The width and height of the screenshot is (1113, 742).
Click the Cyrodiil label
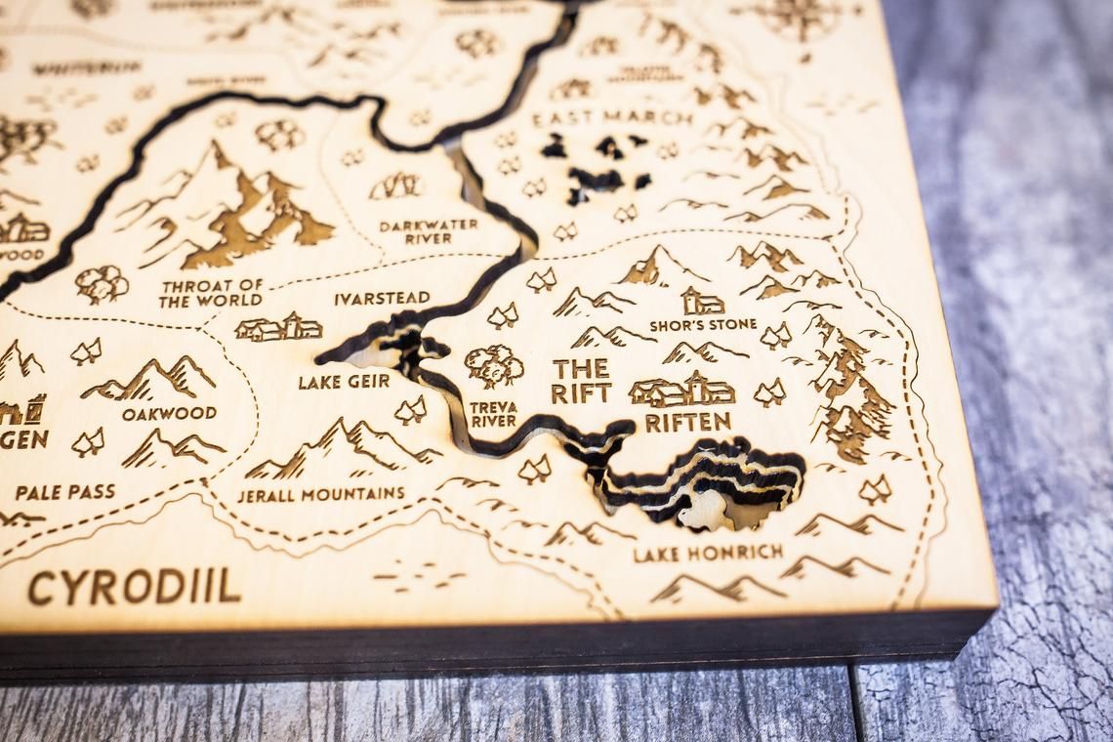(134, 586)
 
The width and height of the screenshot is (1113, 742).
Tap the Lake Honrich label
(708, 553)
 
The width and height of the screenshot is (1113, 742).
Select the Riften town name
(687, 422)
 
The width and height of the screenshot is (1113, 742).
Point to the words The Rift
(581, 381)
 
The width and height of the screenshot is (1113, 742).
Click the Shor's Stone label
(703, 324)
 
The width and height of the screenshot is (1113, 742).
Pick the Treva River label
(493, 414)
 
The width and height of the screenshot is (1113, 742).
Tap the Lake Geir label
(344, 382)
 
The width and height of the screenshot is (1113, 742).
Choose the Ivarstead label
(382, 299)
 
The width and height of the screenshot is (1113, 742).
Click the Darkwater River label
(429, 231)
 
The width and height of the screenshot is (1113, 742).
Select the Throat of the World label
(211, 293)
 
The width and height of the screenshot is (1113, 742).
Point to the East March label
(612, 118)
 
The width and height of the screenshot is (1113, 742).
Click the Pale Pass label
(64, 491)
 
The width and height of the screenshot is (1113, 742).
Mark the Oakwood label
(169, 413)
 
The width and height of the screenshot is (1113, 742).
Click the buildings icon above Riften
(681, 391)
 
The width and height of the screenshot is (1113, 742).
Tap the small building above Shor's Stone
(702, 301)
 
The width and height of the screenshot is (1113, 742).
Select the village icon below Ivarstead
(278, 328)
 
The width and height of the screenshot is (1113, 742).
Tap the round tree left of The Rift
(493, 366)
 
